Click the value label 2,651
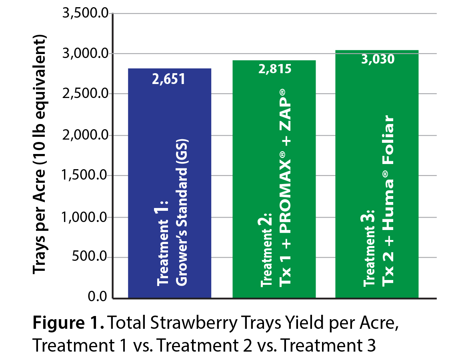[168, 79]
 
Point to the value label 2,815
[274, 69]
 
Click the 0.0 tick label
[98, 297]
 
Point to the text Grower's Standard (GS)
[182, 212]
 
